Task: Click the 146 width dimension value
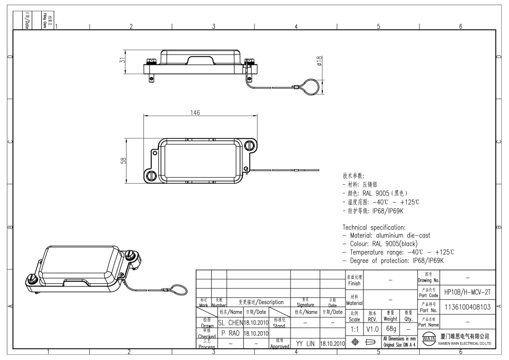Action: point(195,113)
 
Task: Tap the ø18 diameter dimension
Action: point(319,61)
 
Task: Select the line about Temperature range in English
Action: point(398,252)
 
